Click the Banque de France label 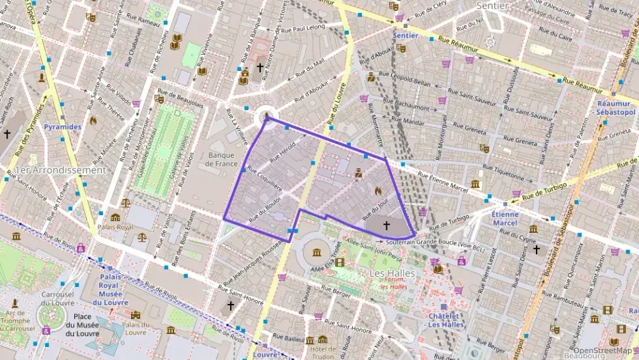220,159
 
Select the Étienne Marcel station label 505,218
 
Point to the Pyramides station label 62,127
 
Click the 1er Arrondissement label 60,169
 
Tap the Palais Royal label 115,226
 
